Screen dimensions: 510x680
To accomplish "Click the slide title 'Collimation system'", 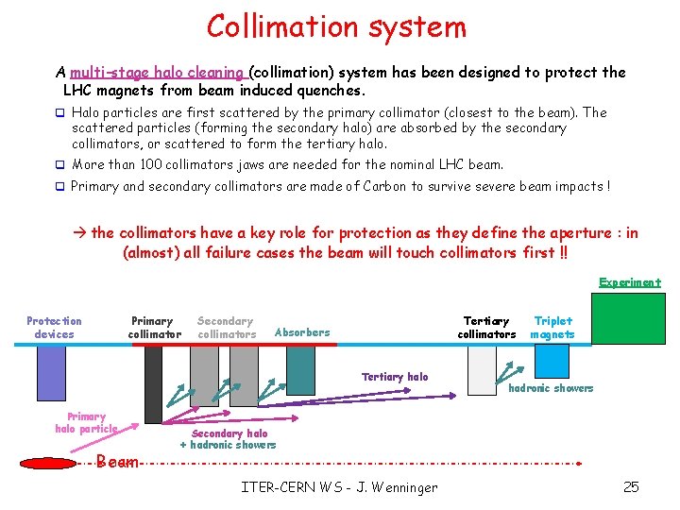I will pos(337,26).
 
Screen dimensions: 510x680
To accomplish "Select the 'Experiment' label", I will pos(630,281).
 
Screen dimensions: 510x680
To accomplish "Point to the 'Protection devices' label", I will pos(54,327).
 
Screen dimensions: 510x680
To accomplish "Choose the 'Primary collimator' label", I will pos(153,327).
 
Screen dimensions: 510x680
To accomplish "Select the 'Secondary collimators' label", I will pos(227,327).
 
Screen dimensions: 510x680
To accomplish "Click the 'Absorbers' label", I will pos(302,332).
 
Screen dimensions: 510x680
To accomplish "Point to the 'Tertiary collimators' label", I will pos(486,327).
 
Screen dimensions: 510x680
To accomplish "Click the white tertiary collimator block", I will pos(483,368).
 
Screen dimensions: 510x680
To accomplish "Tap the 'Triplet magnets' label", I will pos(552,327).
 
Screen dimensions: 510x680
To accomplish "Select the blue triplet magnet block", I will pos(552,361).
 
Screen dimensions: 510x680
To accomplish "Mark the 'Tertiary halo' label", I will pos(395,377).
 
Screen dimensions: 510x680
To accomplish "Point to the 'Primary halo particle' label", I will pos(86,422).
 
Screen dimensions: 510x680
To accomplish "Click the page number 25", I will pos(631,487).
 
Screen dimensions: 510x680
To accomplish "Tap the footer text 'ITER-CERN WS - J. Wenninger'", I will pos(340,487).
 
